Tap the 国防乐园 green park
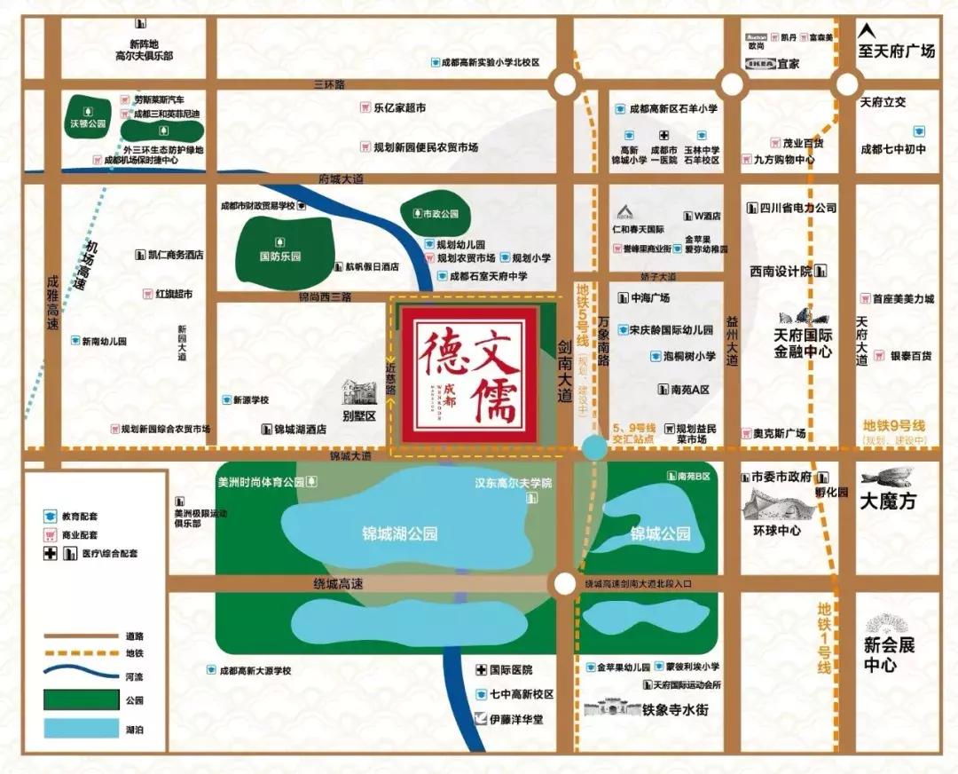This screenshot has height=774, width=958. (280, 248)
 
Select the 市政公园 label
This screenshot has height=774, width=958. (436, 214)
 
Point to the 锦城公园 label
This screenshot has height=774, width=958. (660, 534)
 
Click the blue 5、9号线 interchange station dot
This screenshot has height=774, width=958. (594, 447)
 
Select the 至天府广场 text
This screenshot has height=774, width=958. (897, 51)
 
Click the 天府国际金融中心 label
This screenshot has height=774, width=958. (803, 344)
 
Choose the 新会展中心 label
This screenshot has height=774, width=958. (889, 655)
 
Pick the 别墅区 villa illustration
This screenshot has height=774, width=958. (360, 391)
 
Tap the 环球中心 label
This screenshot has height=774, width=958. (777, 531)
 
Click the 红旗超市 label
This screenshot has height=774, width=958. (174, 294)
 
